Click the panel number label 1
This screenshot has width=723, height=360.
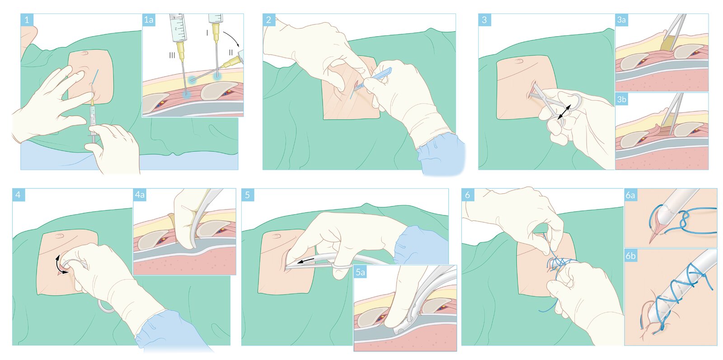(27, 20)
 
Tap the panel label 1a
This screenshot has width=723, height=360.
(149, 20)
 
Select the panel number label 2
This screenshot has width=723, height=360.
(268, 20)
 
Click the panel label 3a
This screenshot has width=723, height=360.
(621, 20)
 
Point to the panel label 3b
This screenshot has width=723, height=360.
(621, 99)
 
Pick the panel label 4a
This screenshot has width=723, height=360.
(140, 195)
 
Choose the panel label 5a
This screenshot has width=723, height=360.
(360, 272)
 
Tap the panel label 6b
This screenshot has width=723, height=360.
(630, 256)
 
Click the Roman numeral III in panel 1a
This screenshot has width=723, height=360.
(172, 56)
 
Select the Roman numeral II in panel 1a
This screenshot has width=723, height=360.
(230, 52)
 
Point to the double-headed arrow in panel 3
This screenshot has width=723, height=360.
(564, 112)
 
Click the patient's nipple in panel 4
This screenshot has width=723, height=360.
(59, 236)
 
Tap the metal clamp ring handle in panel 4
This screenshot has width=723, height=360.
(106, 306)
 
